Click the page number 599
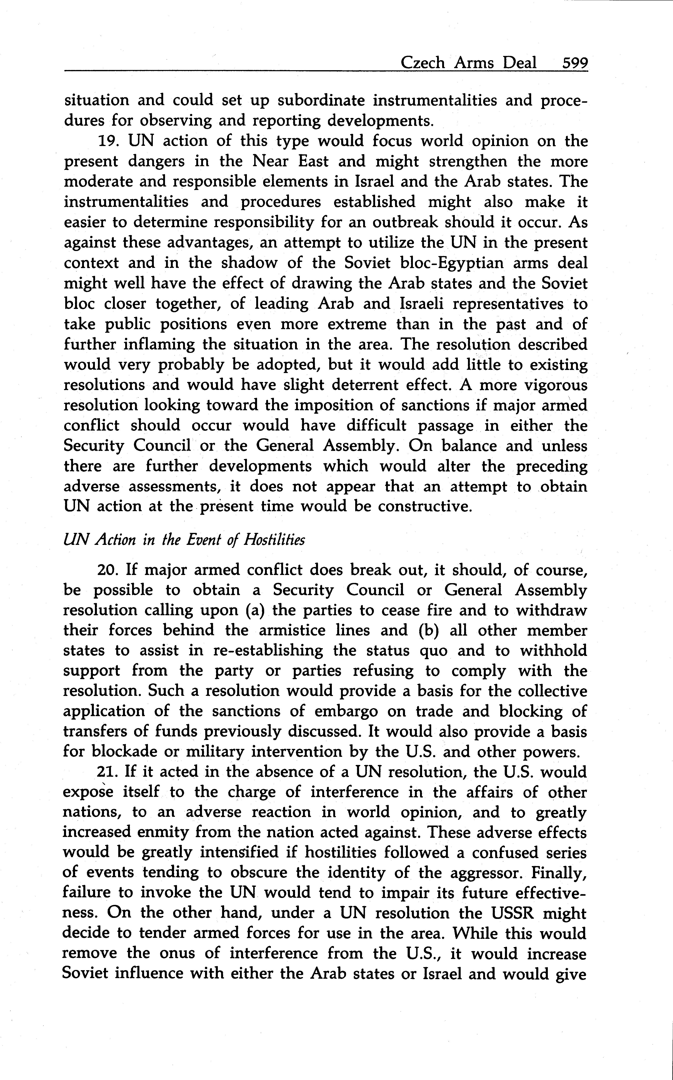[x=575, y=63]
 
